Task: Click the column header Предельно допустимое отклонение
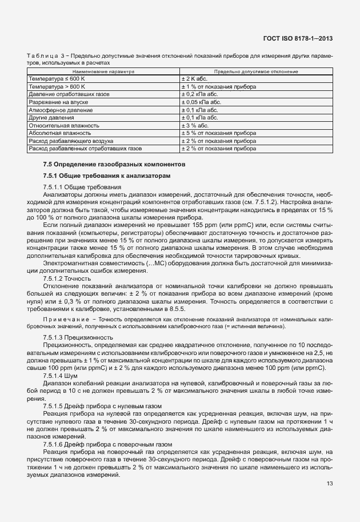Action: coord(255,72)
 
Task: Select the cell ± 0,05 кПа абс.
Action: coord(200,101)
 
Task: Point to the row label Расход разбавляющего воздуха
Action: coord(71,140)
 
